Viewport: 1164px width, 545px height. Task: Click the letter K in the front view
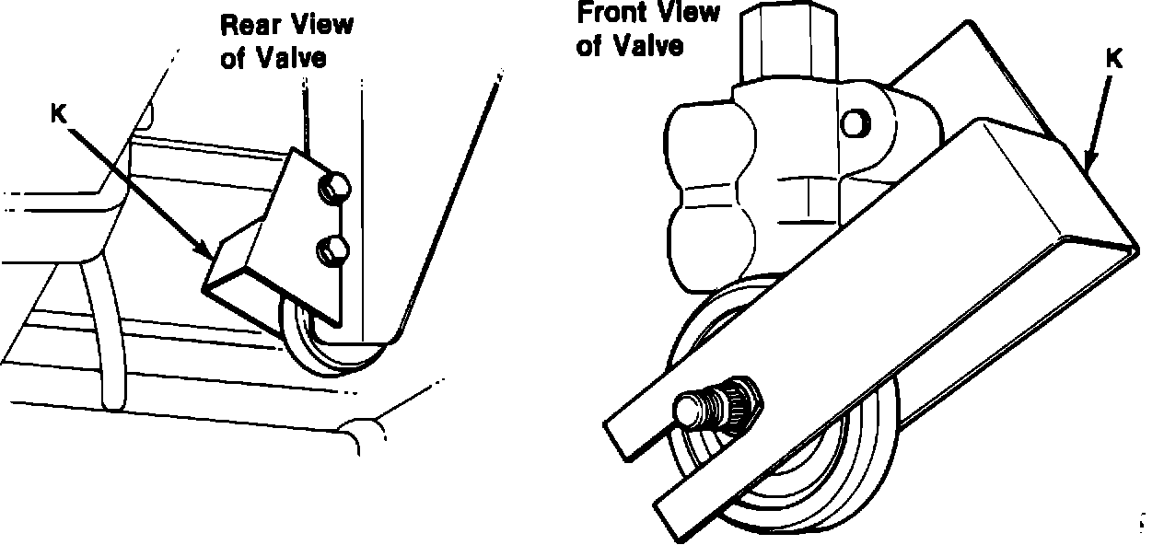(x=1112, y=60)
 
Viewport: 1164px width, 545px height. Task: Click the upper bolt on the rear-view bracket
(x=332, y=190)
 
